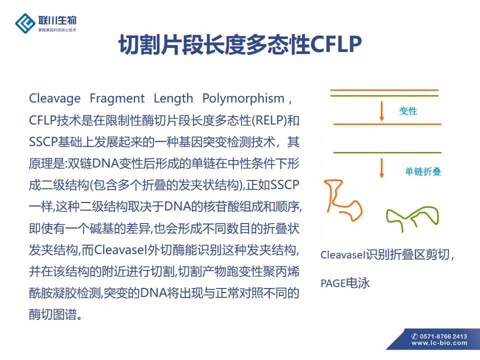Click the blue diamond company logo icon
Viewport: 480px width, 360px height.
point(25,23)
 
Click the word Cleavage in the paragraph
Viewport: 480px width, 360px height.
point(55,98)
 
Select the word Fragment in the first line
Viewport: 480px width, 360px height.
point(117,98)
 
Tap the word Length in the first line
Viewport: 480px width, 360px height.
point(173,98)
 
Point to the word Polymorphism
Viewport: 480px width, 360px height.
point(243,98)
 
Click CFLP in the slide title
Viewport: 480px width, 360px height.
point(336,44)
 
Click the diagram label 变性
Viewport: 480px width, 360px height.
point(408,111)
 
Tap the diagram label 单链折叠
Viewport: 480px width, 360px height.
point(423,171)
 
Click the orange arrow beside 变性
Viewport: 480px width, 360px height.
point(381,111)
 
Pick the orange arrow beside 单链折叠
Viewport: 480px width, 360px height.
point(381,168)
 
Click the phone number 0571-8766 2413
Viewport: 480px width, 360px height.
point(443,336)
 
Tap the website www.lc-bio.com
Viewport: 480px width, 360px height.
point(439,343)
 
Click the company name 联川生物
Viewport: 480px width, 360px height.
point(57,20)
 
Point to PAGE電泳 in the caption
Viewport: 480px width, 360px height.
point(345,283)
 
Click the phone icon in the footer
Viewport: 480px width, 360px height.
point(415,336)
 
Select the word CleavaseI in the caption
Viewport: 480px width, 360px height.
point(343,254)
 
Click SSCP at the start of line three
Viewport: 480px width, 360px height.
point(43,142)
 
